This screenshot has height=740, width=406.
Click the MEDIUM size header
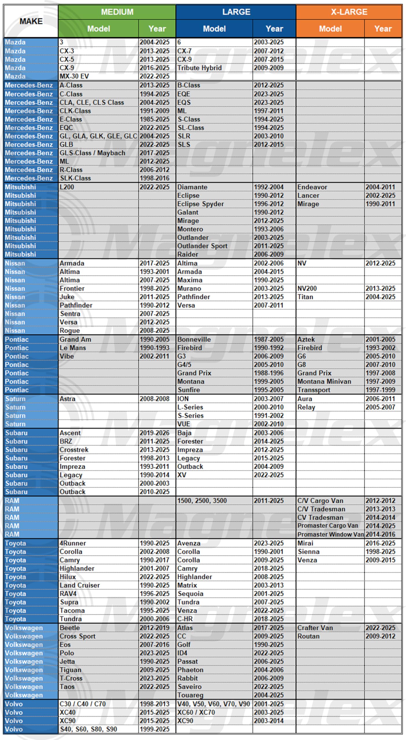coord(117,12)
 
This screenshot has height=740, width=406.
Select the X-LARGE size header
coord(349,12)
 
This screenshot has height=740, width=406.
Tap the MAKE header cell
coord(31,21)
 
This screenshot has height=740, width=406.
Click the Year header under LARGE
coord(274,29)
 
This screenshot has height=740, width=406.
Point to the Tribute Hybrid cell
coord(199,68)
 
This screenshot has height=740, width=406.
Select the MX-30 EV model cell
coord(74,76)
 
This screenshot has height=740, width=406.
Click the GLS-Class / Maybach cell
coord(92,153)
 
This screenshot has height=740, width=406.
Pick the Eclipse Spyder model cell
coord(201,204)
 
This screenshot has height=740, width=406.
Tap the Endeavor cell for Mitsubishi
coord(312,187)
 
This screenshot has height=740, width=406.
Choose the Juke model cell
coord(67,297)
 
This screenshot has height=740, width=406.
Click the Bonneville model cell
coord(194,339)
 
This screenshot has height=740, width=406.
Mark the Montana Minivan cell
coord(324,382)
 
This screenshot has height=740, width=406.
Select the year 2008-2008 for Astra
coord(154,399)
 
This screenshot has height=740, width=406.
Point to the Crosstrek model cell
coord(74,450)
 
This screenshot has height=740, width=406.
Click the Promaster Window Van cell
coord(330,534)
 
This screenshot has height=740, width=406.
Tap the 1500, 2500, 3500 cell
coord(202,501)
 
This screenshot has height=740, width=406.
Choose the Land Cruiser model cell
coord(79,585)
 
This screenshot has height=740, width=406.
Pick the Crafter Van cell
coord(315,628)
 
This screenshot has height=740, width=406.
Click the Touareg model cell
coord(190,695)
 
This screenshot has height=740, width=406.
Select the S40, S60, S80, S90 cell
coord(88,729)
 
